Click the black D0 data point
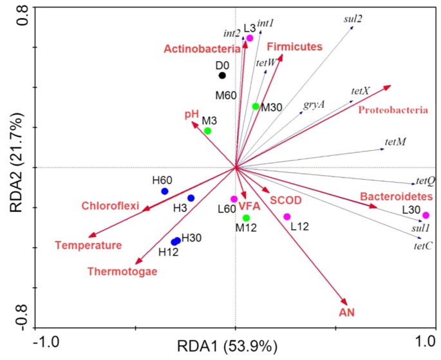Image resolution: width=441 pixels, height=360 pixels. (x=222, y=75)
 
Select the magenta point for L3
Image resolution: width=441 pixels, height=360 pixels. (x=250, y=39)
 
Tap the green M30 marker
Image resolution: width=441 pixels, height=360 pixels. (x=256, y=106)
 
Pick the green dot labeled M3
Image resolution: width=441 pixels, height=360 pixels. (x=207, y=131)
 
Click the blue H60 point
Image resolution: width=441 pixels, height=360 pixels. (x=165, y=191)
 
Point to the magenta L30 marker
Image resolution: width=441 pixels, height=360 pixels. (x=425, y=215)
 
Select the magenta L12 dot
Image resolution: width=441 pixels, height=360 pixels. (x=287, y=216)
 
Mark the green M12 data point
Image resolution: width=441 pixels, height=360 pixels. (x=246, y=218)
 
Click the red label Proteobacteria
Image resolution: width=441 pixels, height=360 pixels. (x=393, y=110)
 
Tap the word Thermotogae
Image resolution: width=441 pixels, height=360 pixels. (x=122, y=271)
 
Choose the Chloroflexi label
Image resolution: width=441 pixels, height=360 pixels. (x=110, y=206)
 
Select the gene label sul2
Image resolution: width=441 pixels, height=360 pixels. (x=353, y=19)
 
